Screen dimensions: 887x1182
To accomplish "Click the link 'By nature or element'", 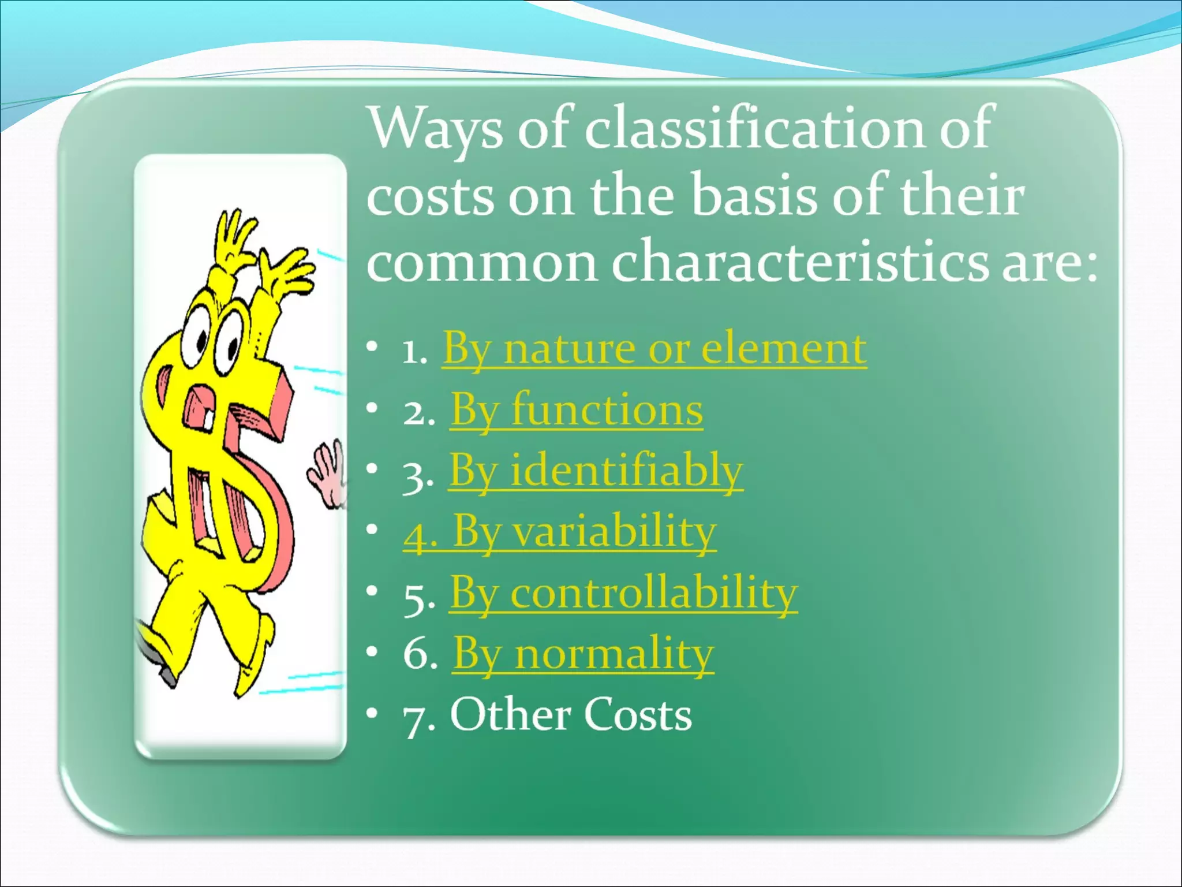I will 654,349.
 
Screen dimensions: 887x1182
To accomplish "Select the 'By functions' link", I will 577,410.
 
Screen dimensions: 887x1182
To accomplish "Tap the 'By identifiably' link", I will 596,471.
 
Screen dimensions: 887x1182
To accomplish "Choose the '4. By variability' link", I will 559,532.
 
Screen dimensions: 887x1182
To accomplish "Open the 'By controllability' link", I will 623,592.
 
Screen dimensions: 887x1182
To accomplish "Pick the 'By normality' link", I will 583,654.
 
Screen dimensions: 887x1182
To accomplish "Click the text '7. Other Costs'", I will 547,715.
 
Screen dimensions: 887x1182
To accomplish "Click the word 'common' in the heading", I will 482,264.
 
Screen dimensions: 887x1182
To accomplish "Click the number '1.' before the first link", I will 414,351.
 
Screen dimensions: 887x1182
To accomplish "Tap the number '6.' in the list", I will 421,655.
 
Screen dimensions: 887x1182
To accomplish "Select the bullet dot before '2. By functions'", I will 372,408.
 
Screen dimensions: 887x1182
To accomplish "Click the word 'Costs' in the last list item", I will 636,715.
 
